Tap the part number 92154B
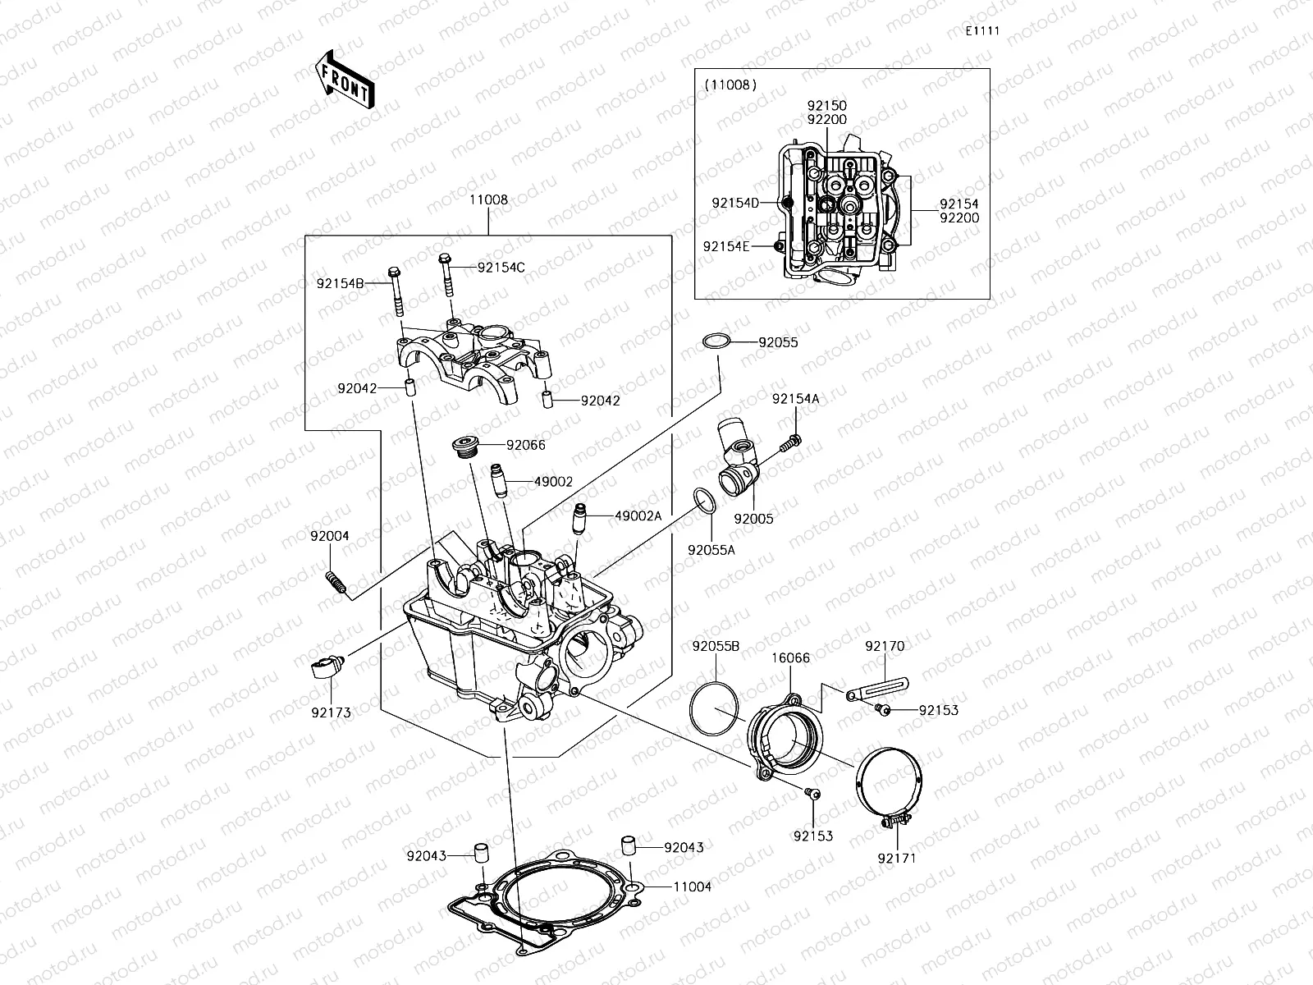(341, 283)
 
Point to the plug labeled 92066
(466, 447)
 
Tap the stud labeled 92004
(335, 583)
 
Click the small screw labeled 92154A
(794, 442)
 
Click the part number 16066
(790, 657)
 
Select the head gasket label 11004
(692, 886)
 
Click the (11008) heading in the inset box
(730, 85)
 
